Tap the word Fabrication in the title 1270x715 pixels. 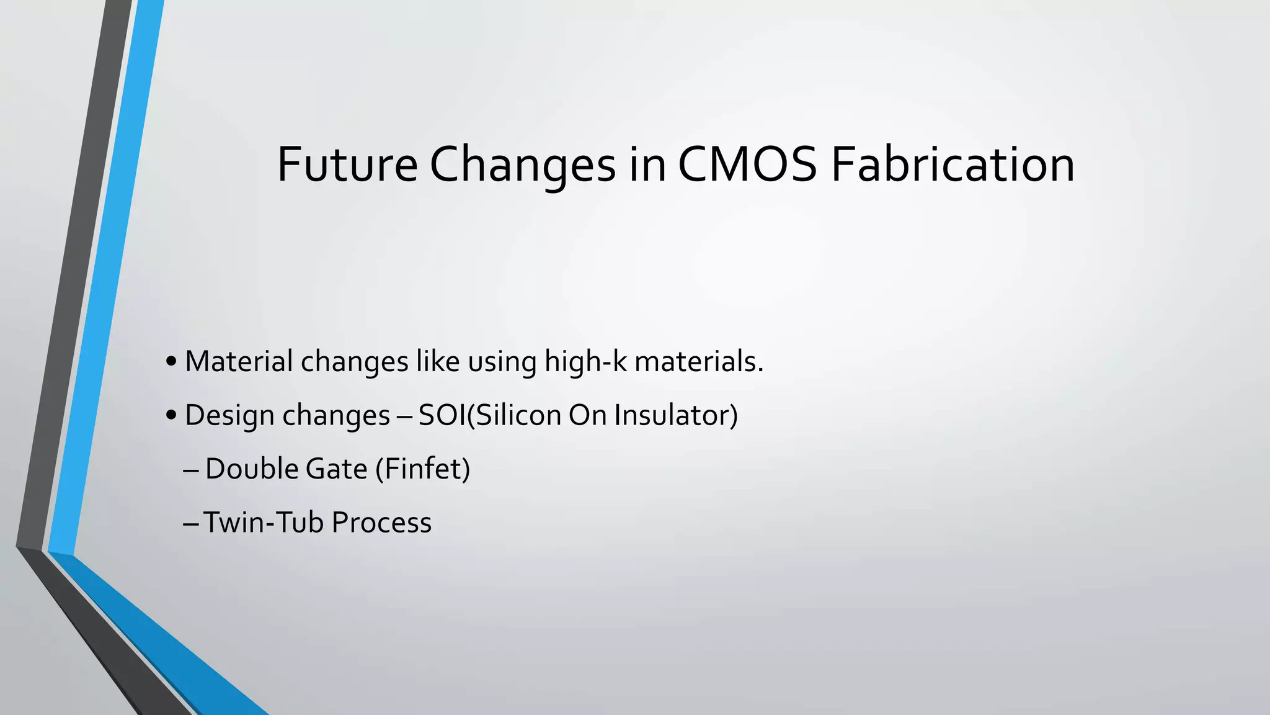click(952, 164)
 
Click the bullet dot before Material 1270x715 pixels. click(172, 362)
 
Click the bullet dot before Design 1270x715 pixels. click(172, 416)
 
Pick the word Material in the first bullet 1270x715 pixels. click(239, 361)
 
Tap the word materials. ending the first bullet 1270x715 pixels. click(699, 361)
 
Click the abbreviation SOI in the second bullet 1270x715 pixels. click(442, 415)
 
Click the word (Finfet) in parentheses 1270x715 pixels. click(423, 469)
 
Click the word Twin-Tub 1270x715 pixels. click(264, 523)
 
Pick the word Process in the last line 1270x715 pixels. click(381, 523)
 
